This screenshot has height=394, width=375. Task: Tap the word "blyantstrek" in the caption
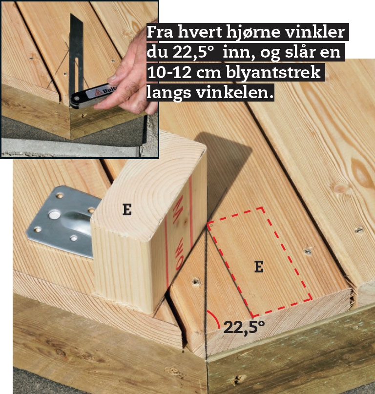pos(273,72)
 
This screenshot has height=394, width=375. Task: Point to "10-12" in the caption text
pos(169,73)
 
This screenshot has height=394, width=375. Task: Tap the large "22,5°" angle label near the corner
pos(244,328)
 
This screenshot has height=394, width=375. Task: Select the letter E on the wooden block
pos(127,209)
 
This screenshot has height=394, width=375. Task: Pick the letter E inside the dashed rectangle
pos(259,267)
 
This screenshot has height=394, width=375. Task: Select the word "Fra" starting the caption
pos(160,32)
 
